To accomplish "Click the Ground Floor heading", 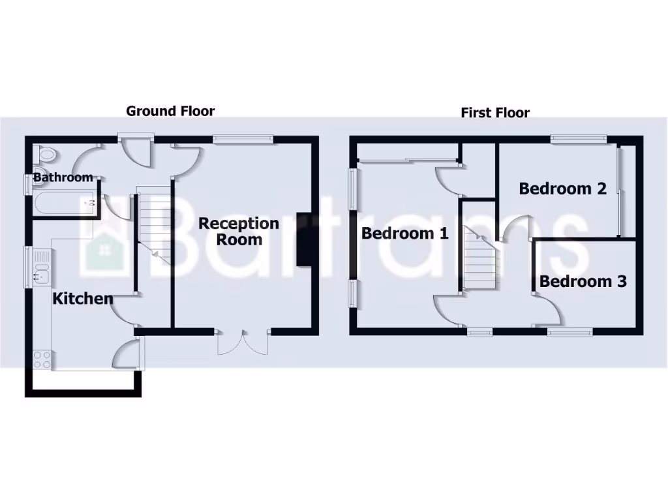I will click(x=170, y=111).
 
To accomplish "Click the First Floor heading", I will click(x=495, y=112).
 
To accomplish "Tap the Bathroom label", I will click(x=63, y=177).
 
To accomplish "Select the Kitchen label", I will click(x=83, y=299).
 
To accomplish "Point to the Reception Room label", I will click(x=239, y=231).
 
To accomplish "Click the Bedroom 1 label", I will click(x=405, y=233).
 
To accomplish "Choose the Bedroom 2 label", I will click(x=562, y=189).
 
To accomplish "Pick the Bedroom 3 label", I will click(x=583, y=281).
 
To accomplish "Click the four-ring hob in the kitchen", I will click(x=42, y=359).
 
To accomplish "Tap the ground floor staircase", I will click(x=153, y=225).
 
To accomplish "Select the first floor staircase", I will click(x=478, y=258).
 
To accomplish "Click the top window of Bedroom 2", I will click(x=578, y=138).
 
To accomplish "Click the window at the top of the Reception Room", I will click(x=243, y=138).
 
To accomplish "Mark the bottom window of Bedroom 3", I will click(x=569, y=333).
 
